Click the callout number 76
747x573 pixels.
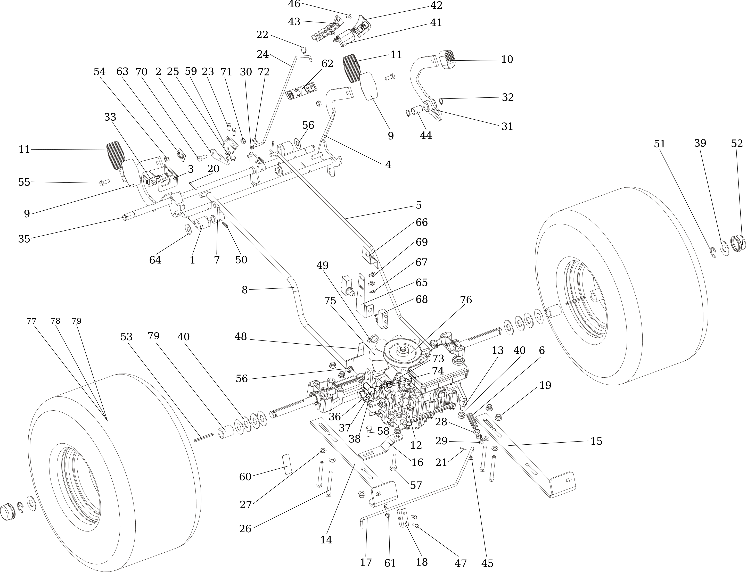(466, 300)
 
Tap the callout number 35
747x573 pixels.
(24, 239)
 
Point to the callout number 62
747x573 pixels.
(327, 64)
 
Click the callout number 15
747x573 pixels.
(596, 441)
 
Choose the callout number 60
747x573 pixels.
(245, 477)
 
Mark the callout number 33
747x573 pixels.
(110, 117)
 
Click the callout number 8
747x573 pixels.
(244, 290)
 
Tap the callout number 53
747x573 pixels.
(126, 337)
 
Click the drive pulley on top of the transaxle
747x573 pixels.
(402, 351)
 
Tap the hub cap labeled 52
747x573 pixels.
(738, 243)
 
